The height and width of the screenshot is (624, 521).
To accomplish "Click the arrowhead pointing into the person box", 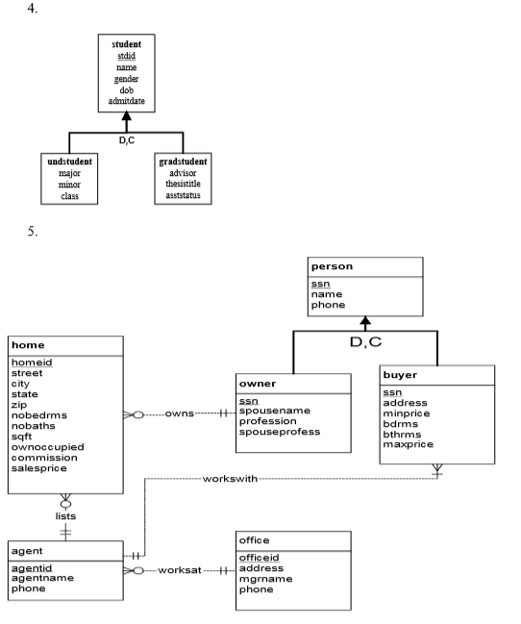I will pos(365,322).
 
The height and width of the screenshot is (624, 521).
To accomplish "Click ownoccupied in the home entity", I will pos(47,446).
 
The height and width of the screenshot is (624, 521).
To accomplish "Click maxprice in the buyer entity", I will pos(409,446).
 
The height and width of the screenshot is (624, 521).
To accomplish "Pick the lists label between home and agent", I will pos(66,515).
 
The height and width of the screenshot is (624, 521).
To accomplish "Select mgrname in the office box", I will pos(266,579).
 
